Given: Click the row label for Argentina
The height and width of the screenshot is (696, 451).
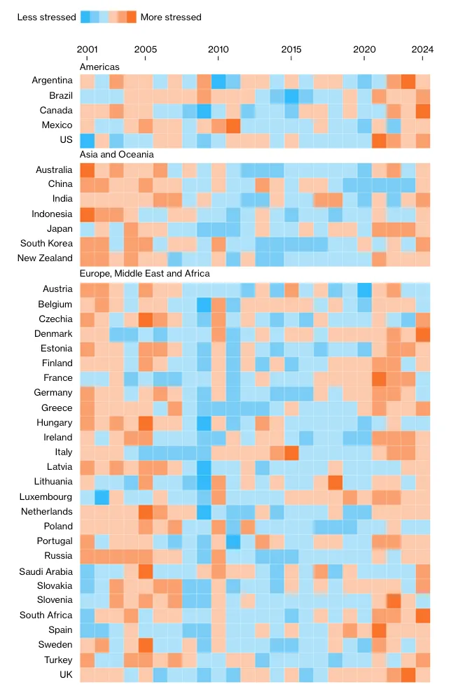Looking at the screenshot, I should point(52,81).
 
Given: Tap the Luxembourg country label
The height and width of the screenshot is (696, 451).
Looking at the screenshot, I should point(46,496).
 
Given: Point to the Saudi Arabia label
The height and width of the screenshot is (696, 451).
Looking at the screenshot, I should point(46,571).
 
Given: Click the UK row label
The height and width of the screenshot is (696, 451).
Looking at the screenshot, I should point(65,674).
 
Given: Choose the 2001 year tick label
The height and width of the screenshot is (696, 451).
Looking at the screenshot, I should point(87,49).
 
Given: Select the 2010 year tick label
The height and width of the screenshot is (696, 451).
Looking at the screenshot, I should point(218,49).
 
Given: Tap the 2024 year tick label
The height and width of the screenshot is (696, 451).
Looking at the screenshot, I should point(423,49).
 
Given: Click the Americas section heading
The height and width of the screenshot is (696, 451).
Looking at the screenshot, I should point(99,67).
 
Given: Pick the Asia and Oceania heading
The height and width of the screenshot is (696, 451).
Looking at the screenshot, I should point(116,154).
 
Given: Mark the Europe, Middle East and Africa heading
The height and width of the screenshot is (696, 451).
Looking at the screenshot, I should point(145,273).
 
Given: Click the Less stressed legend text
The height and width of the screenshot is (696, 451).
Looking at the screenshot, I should point(46,17).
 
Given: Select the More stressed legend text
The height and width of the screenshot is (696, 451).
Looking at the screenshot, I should point(171,17).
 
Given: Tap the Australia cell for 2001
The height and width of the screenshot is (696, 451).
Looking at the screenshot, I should point(87,169).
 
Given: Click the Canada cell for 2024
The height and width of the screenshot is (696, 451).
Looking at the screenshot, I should point(423,111).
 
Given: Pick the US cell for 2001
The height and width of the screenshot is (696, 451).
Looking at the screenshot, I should point(87,140).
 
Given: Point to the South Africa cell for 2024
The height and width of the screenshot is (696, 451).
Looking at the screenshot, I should point(423,615).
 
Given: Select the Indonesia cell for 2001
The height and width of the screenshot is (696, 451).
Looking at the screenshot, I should point(87,214).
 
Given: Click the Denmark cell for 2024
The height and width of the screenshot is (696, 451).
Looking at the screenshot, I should point(423,333).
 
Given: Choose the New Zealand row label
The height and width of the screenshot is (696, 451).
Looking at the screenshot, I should point(46,258).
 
